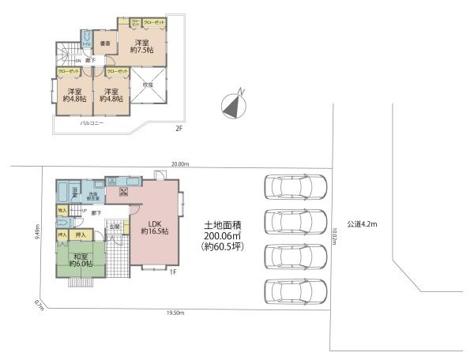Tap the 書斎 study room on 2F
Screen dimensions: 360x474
[104, 43]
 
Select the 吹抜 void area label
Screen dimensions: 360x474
[148, 84]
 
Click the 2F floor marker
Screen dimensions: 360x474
[179, 127]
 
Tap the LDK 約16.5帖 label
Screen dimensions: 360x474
[156, 227]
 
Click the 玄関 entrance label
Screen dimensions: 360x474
[115, 227]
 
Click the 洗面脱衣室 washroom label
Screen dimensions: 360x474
[92, 197]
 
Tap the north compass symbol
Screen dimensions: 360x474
[233, 103]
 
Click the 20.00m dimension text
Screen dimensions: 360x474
[181, 164]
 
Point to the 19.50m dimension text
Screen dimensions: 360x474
[175, 313]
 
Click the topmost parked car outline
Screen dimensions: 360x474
[293, 187]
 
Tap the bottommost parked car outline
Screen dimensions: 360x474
[293, 291]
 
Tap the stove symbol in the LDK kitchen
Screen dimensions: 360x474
[124, 192]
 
